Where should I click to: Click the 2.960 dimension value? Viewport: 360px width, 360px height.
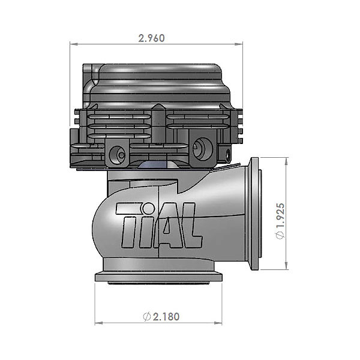point(151,38)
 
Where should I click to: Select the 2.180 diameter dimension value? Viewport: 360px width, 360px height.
point(163,316)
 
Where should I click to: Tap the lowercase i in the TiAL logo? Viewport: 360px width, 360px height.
point(145,224)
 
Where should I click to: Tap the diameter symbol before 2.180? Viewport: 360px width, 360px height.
point(146,316)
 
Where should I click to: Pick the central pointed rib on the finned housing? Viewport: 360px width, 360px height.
point(157,123)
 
